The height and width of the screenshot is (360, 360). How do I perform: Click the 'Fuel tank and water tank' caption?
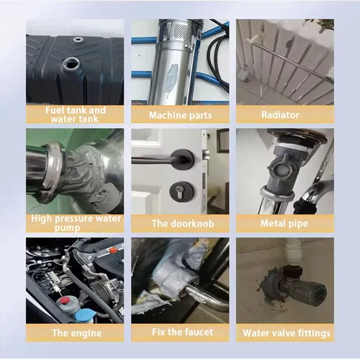pyautogui.click(x=75, y=114)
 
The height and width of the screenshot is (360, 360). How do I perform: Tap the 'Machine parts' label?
pyautogui.click(x=180, y=114)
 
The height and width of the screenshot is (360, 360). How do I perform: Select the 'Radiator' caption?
pyautogui.click(x=285, y=114)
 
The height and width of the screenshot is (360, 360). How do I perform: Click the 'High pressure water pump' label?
pyautogui.click(x=75, y=222)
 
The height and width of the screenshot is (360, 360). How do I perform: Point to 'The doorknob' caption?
pyautogui.click(x=180, y=223)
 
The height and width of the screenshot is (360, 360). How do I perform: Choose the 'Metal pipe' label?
pyautogui.click(x=285, y=223)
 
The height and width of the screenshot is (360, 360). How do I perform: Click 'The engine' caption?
pyautogui.click(x=75, y=333)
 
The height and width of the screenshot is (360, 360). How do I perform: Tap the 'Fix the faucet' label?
pyautogui.click(x=180, y=333)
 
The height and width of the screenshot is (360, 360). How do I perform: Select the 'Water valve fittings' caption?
pyautogui.click(x=285, y=333)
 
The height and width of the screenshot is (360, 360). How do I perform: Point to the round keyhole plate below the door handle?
pyautogui.click(x=176, y=190)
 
